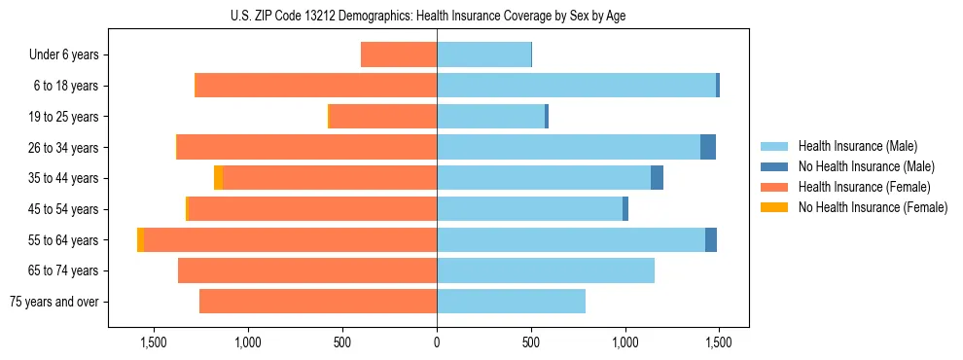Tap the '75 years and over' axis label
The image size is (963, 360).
(54, 302)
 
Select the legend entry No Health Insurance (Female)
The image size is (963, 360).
(873, 207)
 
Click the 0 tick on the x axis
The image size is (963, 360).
(437, 342)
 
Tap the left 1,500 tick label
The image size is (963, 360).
(154, 342)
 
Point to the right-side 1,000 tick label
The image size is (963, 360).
(624, 342)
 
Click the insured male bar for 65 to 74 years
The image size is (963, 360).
(545, 270)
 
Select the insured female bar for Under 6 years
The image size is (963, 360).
(399, 54)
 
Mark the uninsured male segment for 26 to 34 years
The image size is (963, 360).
(708, 147)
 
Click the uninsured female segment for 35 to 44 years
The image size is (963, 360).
(218, 178)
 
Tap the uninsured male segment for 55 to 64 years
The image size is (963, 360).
(711, 239)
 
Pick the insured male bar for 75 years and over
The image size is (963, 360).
(511, 302)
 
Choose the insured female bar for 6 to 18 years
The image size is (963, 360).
(316, 86)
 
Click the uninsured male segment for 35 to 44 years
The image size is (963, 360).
(657, 178)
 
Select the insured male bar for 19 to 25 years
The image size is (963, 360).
(491, 116)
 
